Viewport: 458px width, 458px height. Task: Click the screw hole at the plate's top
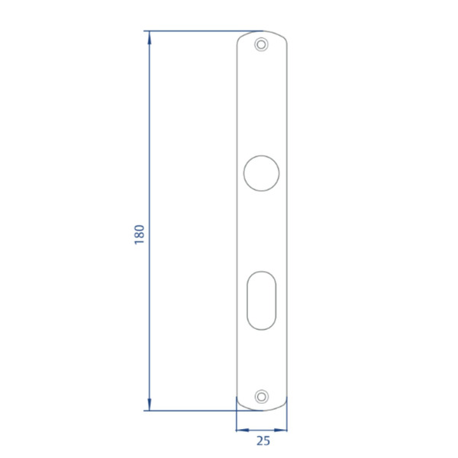click(262, 44)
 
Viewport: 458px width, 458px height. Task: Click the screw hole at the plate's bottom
click(262, 396)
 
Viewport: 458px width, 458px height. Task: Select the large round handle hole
click(262, 173)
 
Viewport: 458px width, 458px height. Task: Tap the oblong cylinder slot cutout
click(262, 299)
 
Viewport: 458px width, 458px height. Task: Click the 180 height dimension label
click(139, 234)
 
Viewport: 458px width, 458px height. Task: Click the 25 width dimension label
click(263, 440)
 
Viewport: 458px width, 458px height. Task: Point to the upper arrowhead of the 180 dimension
click(149, 36)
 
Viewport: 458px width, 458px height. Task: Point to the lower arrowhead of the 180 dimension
click(149, 405)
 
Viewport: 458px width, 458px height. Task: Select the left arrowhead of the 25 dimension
click(240, 429)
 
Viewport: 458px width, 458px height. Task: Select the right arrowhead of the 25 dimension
click(283, 429)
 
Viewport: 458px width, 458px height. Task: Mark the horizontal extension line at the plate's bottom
click(191, 410)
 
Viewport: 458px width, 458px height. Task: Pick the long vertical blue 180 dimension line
click(149, 153)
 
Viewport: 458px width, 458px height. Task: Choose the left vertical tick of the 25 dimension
click(237, 421)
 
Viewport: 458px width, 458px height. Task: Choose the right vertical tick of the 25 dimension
click(288, 421)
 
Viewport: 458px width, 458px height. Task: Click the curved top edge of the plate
click(262, 32)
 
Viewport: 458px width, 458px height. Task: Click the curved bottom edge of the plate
click(262, 409)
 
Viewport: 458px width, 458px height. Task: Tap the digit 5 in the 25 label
click(266, 440)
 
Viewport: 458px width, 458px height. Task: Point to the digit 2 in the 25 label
click(259, 440)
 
